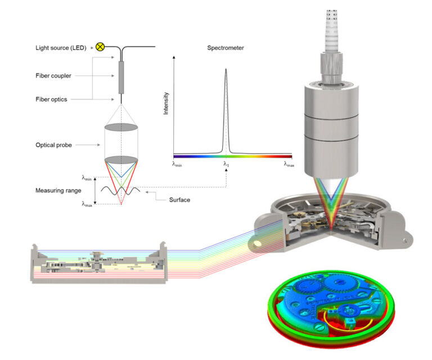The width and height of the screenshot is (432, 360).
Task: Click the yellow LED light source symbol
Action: [100, 47]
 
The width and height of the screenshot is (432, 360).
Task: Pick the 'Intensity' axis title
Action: [166, 104]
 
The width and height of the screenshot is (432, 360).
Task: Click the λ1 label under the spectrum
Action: [226, 164]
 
